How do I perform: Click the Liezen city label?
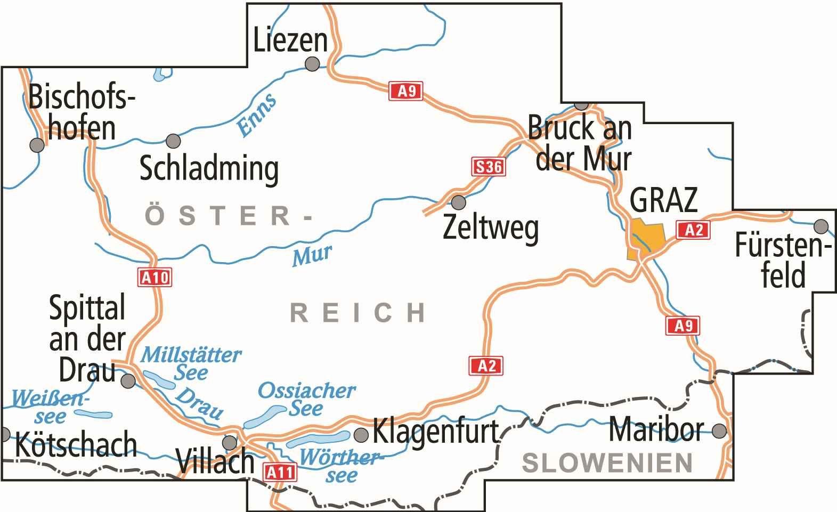[x=290, y=40]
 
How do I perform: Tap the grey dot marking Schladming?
[x=173, y=141]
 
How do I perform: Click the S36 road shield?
[x=487, y=167]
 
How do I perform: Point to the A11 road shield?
[x=279, y=472]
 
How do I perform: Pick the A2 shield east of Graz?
[x=693, y=230]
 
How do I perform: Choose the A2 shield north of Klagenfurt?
[x=486, y=365]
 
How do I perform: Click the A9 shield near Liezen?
[x=405, y=91]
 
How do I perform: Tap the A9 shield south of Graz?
[x=682, y=326]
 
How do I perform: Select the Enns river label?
[x=256, y=115]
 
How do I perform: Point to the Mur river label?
[x=311, y=255]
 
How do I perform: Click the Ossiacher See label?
[x=306, y=399]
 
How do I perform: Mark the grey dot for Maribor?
[x=719, y=430]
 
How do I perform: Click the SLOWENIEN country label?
[x=607, y=462]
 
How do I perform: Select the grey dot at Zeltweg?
[x=458, y=202]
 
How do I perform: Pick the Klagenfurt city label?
[x=435, y=430]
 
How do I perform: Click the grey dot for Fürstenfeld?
[x=822, y=226]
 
